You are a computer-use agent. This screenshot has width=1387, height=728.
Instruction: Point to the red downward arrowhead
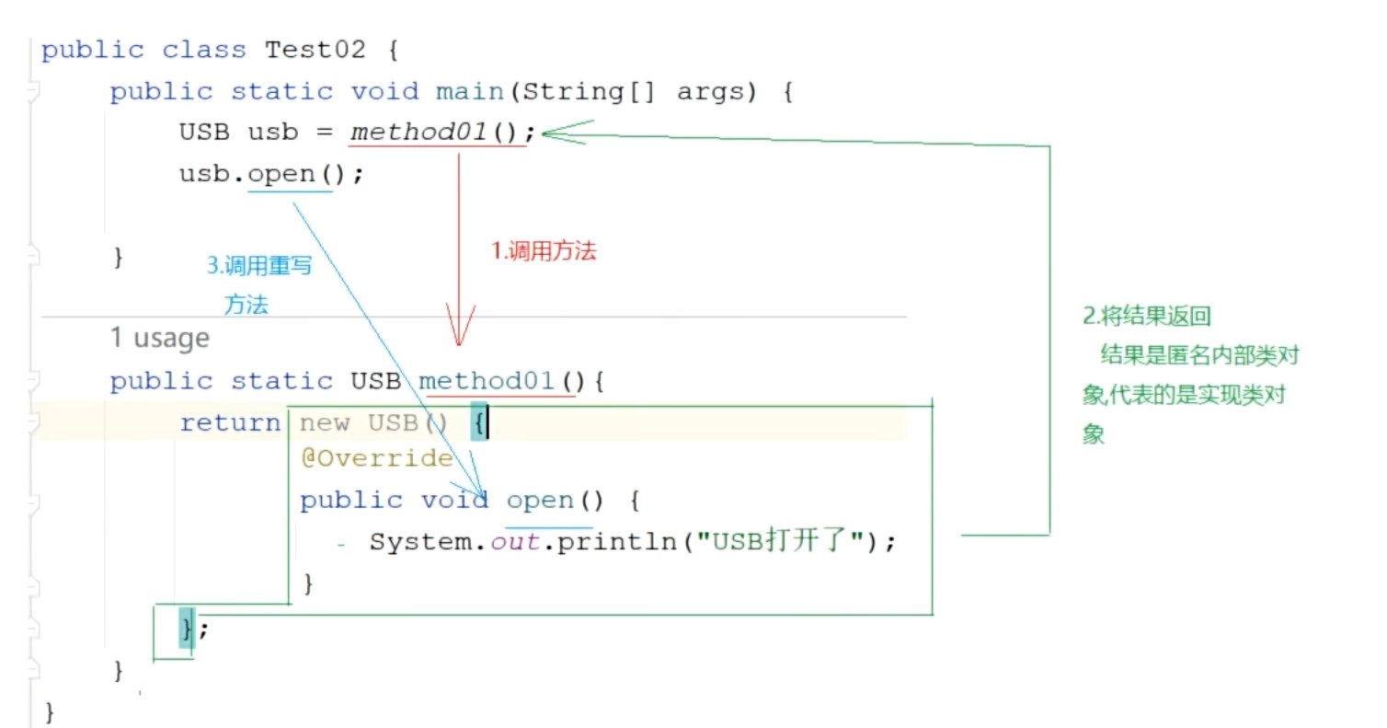click(459, 331)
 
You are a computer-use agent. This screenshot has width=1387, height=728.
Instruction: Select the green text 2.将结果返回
click(1146, 317)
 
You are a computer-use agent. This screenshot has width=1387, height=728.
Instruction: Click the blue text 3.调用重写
click(258, 267)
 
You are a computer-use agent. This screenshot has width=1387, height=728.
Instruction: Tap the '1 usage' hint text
click(160, 339)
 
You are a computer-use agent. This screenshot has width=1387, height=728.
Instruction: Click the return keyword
click(230, 423)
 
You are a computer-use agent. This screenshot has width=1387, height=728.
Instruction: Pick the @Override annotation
click(376, 458)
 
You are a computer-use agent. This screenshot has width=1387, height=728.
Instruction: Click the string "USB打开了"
click(781, 542)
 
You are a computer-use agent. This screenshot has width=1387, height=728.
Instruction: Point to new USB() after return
click(373, 423)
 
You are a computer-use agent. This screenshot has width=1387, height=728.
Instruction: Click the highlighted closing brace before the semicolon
click(187, 629)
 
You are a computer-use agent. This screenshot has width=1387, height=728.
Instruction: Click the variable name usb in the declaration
click(273, 133)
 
